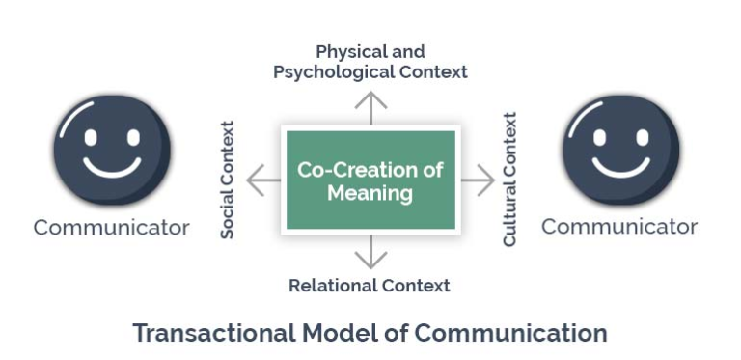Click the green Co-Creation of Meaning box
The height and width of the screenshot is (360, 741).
coord(370,180)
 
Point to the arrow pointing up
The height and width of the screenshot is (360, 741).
coord(370,107)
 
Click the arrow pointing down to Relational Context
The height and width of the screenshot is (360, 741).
coord(370,253)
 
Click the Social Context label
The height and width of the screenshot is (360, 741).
coord(228,180)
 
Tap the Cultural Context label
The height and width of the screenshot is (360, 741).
coord(510,180)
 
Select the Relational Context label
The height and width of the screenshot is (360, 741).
coord(370,285)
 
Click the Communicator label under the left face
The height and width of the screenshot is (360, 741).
coord(111,228)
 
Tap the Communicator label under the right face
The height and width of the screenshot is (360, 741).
coord(619,227)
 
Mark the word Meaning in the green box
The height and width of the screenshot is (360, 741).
coord(370,193)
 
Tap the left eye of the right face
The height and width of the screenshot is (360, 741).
coord(601,134)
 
